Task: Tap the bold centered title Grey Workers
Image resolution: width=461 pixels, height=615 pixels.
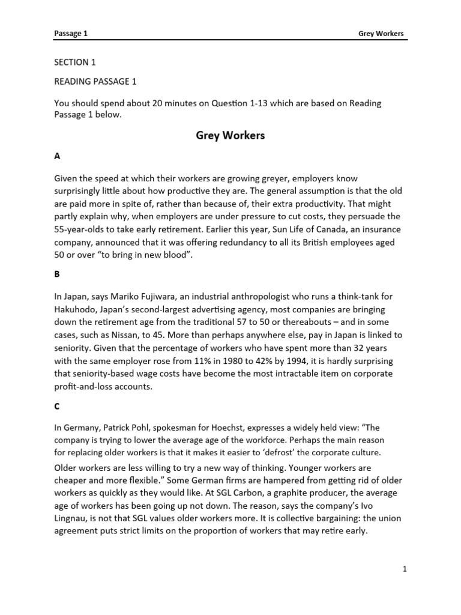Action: [230, 136]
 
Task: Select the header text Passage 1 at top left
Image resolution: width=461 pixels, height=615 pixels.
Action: [70, 34]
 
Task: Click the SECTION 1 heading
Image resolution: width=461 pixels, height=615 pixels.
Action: [75, 62]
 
